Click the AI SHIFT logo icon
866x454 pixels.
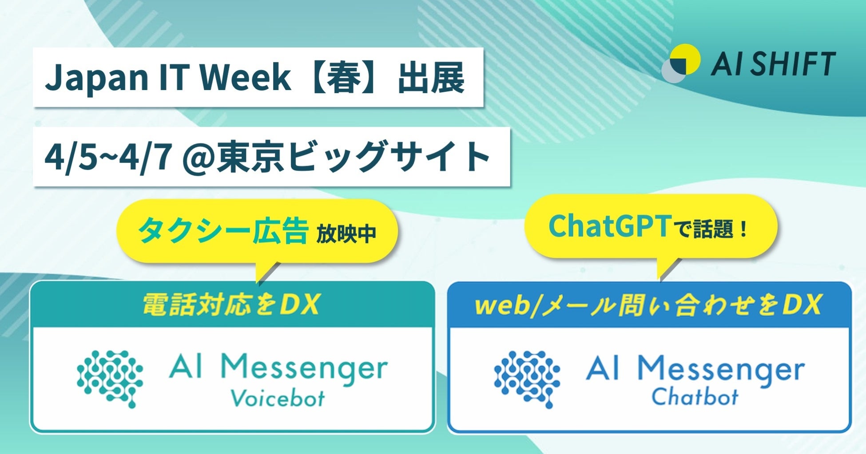[681, 63]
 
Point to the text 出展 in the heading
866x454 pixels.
[431, 78]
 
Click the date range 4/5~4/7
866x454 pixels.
[108, 157]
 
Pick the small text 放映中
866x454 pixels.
[346, 234]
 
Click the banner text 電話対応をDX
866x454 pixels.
[231, 305]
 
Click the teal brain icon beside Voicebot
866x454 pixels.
[110, 379]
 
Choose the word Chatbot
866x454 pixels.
[695, 396]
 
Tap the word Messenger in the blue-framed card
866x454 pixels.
[721, 369]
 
